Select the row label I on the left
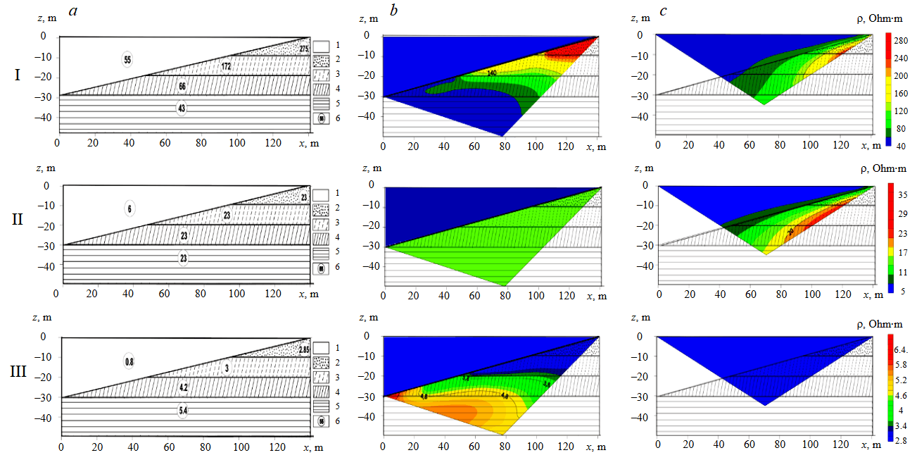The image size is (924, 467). (x=17, y=73)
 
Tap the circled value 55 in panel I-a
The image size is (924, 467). (x=127, y=60)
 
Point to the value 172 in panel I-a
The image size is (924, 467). (x=227, y=66)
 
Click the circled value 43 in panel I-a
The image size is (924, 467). (x=181, y=108)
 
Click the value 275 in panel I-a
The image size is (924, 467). (x=304, y=49)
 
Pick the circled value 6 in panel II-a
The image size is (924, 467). (x=130, y=208)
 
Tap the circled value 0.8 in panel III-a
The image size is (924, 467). (x=129, y=361)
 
